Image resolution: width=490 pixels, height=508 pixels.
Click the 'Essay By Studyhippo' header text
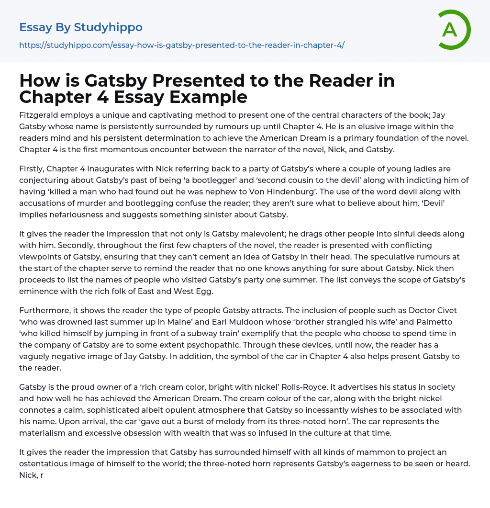tap(81, 27)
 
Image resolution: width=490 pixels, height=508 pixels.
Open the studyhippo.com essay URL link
tap(182, 45)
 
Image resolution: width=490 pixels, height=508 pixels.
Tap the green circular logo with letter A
tap(450, 30)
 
